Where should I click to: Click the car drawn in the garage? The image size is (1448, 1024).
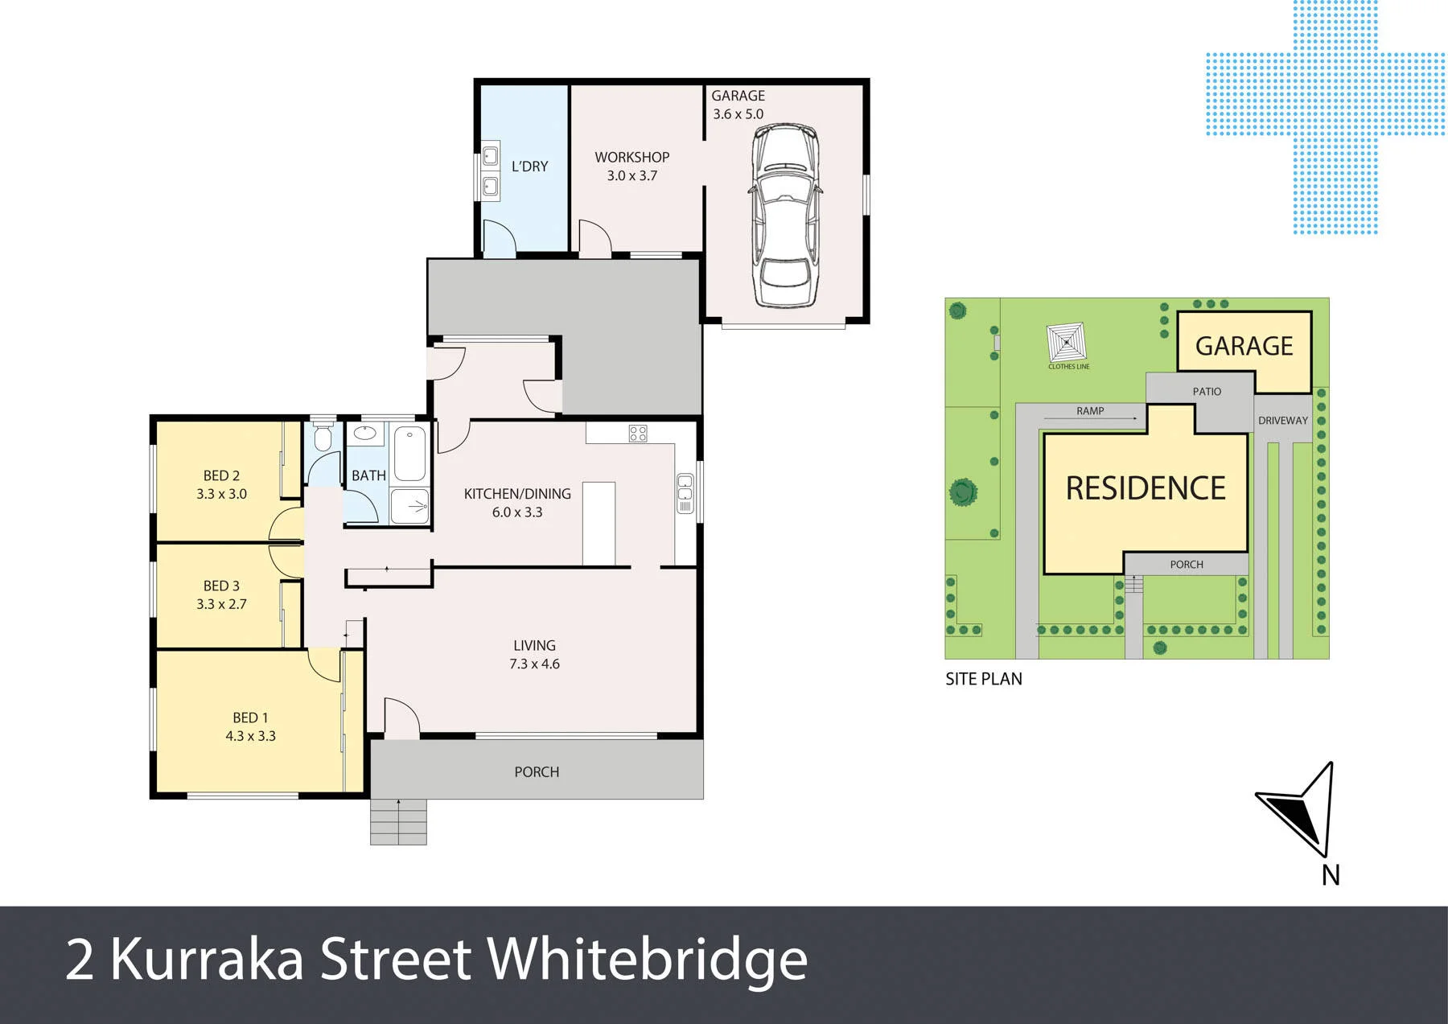pyautogui.click(x=785, y=215)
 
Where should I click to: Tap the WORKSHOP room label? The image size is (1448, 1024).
pyautogui.click(x=632, y=157)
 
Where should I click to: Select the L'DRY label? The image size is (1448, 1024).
pyautogui.click(x=530, y=167)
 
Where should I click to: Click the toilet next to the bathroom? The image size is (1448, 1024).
pyautogui.click(x=323, y=438)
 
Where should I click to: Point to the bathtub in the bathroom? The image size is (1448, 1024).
pyautogui.click(x=410, y=454)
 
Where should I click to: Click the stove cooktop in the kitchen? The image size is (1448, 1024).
pyautogui.click(x=638, y=434)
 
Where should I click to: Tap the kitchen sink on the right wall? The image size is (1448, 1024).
pyautogui.click(x=685, y=493)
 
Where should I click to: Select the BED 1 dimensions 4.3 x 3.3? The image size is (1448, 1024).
pyautogui.click(x=250, y=736)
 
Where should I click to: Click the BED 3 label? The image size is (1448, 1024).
pyautogui.click(x=221, y=586)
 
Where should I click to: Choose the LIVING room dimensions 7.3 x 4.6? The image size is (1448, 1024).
pyautogui.click(x=534, y=664)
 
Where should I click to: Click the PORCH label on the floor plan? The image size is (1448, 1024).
pyautogui.click(x=537, y=772)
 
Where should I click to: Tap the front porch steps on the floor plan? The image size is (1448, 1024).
pyautogui.click(x=398, y=821)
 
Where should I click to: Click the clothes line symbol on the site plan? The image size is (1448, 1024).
pyautogui.click(x=1067, y=343)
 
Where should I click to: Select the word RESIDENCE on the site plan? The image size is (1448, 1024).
pyautogui.click(x=1146, y=488)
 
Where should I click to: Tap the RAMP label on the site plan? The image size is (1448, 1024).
pyautogui.click(x=1090, y=411)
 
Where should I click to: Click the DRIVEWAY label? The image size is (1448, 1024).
pyautogui.click(x=1283, y=421)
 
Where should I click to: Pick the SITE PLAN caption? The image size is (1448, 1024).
pyautogui.click(x=984, y=679)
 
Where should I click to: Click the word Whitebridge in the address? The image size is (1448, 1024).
pyautogui.click(x=648, y=959)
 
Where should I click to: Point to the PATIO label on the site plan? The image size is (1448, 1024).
pyautogui.click(x=1207, y=392)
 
